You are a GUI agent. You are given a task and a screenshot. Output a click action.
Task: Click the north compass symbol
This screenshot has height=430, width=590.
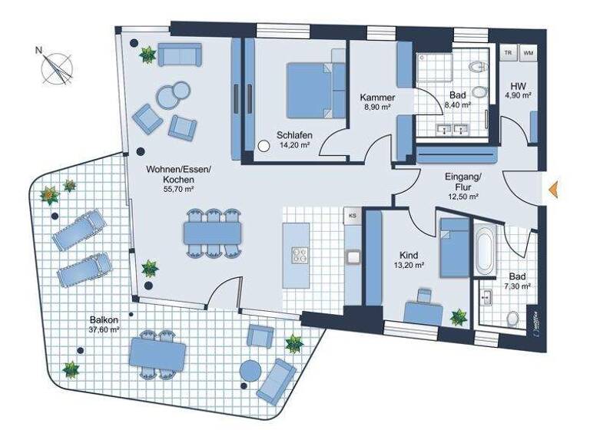(x=56, y=68)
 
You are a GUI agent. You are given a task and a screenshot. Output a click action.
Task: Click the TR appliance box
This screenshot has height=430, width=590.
(x=508, y=52)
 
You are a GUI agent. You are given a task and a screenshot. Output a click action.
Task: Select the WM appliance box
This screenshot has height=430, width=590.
(x=529, y=52)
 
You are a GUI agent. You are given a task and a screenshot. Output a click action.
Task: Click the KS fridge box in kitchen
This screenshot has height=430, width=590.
(x=353, y=217)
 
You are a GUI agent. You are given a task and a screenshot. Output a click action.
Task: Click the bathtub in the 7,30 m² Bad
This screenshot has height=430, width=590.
(x=484, y=250)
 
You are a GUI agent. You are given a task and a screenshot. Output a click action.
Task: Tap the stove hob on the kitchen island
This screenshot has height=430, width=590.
(x=297, y=255)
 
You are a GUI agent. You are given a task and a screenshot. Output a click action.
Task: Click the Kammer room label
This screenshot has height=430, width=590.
(x=378, y=98)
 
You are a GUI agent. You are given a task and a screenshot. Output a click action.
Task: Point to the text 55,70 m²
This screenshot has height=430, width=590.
(x=178, y=188)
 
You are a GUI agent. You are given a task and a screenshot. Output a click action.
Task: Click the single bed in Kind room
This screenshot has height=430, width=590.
(x=453, y=246)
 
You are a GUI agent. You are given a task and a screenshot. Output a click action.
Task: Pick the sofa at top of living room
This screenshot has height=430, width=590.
(x=179, y=55)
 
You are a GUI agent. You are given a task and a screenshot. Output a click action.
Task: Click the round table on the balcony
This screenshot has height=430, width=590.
(x=251, y=372)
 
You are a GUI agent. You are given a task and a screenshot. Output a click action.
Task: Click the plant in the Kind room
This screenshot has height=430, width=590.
(x=459, y=316)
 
